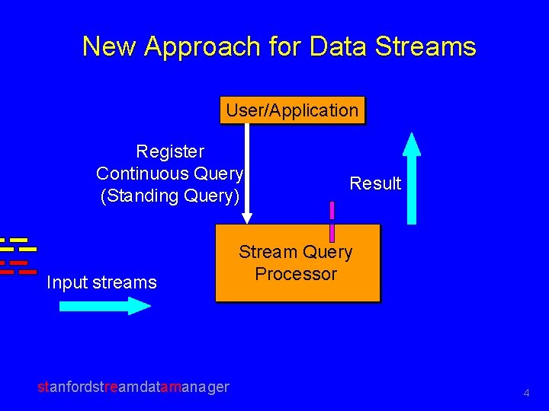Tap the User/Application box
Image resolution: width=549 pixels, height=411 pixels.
292,110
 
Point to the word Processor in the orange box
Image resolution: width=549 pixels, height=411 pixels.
296,274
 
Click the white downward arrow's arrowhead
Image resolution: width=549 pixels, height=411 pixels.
246,217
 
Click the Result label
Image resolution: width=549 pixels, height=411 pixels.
375,183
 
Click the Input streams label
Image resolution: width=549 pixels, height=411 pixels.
101,283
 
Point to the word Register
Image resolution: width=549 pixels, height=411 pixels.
170,151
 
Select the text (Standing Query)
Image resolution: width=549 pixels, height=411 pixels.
170,196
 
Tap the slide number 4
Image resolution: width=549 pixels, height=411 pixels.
526,393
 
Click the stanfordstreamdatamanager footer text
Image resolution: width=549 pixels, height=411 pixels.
133,387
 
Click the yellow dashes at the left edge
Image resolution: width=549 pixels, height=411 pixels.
18,244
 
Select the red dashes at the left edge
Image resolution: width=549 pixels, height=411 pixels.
18,267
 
